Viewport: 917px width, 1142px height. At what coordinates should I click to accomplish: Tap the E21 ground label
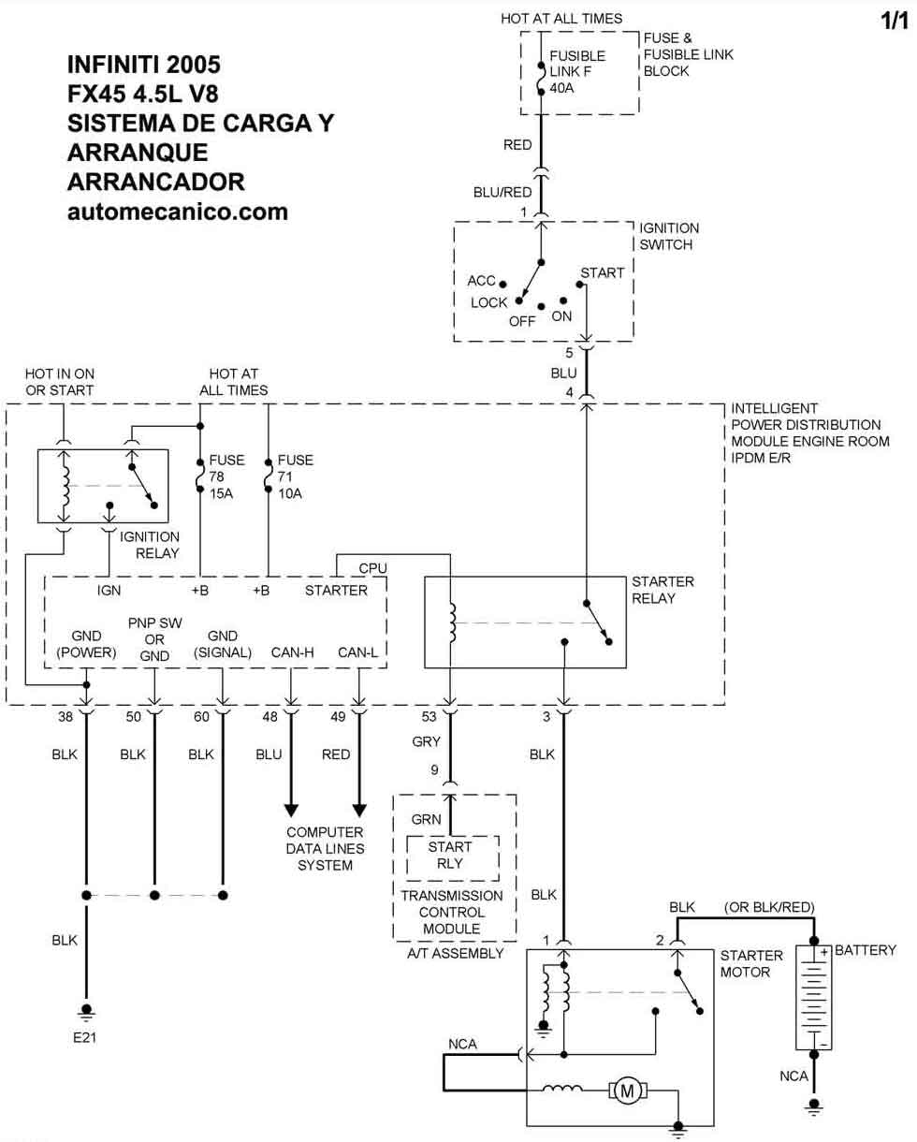pyautogui.click(x=87, y=1037)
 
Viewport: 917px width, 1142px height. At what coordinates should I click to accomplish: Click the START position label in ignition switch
pyautogui.click(x=602, y=273)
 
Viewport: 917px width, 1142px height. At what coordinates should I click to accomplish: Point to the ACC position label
pyautogui.click(x=481, y=281)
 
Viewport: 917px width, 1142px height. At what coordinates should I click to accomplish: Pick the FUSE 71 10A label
pyautogui.click(x=295, y=476)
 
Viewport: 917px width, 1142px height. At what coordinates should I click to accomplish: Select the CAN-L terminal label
pyautogui.click(x=358, y=652)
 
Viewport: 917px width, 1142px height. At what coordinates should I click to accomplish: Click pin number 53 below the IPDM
pyautogui.click(x=429, y=717)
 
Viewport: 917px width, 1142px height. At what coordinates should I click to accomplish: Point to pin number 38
pyautogui.click(x=64, y=717)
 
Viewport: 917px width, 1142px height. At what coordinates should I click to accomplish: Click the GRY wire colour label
pyautogui.click(x=426, y=742)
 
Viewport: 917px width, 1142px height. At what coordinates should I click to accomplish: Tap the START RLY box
pyautogui.click(x=450, y=855)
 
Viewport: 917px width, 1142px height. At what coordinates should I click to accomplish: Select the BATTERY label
pyautogui.click(x=865, y=950)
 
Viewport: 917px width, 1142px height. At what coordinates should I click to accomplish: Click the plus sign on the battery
pyautogui.click(x=824, y=953)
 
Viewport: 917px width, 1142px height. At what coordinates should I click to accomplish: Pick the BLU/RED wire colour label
pyautogui.click(x=502, y=192)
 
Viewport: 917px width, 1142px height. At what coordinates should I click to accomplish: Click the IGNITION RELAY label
pyautogui.click(x=149, y=545)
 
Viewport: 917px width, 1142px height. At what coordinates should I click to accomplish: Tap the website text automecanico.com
pyautogui.click(x=178, y=212)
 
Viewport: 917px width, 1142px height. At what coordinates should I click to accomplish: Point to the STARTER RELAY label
pyautogui.click(x=662, y=590)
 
